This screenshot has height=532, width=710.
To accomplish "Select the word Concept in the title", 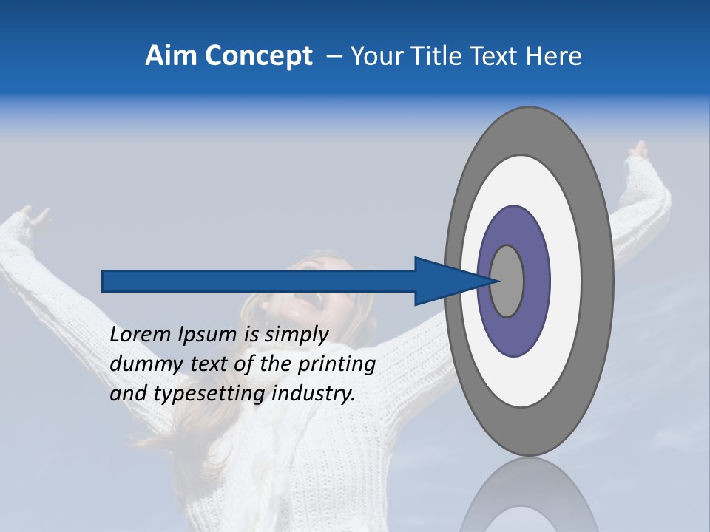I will click(257, 56).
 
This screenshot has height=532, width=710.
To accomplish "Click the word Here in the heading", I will click(554, 56).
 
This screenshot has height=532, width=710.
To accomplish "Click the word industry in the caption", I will click(314, 394).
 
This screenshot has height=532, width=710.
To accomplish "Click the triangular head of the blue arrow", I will click(444, 281).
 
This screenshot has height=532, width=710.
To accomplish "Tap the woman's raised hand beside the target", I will click(638, 151).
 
